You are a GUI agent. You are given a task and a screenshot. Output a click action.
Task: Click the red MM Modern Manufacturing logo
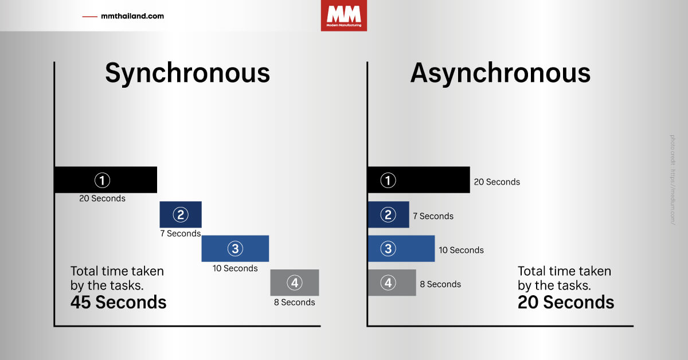(x=343, y=15)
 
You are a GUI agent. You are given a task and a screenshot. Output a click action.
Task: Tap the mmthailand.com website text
(x=132, y=16)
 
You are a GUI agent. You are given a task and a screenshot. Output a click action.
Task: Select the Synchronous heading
(x=187, y=73)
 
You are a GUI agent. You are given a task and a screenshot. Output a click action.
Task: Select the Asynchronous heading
(x=500, y=73)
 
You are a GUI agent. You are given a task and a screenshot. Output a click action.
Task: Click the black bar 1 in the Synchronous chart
(x=105, y=180)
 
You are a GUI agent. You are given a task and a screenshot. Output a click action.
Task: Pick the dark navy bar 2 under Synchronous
(x=181, y=214)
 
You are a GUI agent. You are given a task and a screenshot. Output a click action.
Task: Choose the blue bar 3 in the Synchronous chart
(x=235, y=248)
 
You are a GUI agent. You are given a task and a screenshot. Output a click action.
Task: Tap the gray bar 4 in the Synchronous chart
(x=295, y=282)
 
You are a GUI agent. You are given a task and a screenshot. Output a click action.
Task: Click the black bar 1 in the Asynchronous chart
(x=419, y=180)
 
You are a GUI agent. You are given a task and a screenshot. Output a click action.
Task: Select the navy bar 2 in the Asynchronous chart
(x=388, y=214)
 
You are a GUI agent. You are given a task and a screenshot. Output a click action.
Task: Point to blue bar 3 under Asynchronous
(x=401, y=248)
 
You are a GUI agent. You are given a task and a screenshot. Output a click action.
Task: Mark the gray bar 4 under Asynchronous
(x=392, y=282)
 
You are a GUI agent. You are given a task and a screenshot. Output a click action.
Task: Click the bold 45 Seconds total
(x=118, y=302)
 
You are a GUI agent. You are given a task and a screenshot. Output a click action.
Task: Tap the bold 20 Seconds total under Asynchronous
(x=566, y=302)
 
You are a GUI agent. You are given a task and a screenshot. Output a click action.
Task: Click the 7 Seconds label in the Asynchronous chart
(x=433, y=216)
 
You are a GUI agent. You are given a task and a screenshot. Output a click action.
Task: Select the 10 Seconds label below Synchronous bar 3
(x=235, y=268)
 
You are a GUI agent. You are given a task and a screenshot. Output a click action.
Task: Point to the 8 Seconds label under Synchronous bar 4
(x=294, y=302)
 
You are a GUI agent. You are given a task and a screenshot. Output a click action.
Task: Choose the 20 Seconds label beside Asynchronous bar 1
(x=497, y=182)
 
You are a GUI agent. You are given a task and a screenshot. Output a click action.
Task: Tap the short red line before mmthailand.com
(x=90, y=17)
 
